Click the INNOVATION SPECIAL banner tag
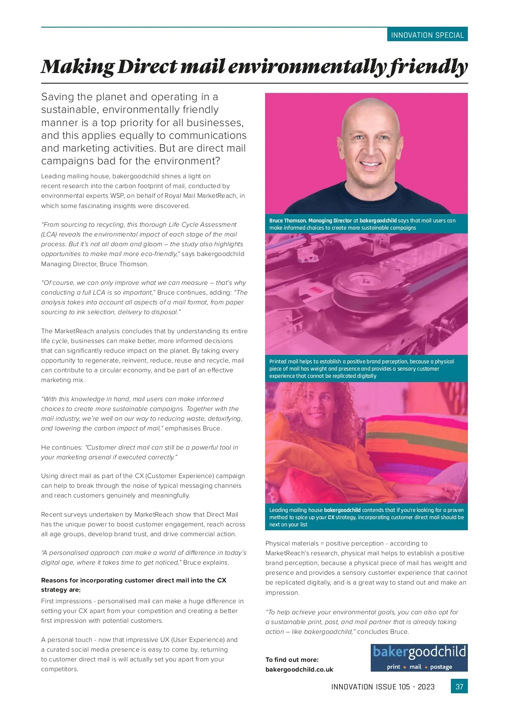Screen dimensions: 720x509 tap(427, 35)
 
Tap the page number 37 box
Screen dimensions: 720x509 tap(459, 686)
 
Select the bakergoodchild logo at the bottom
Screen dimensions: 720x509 tap(419, 657)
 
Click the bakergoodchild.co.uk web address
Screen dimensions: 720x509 tap(299, 669)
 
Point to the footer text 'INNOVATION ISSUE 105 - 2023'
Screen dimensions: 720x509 tap(383, 687)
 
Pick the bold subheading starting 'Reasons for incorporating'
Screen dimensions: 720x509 tap(134, 585)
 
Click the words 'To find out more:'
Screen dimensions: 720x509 tap(292, 660)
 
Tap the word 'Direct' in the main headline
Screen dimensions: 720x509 tap(147, 67)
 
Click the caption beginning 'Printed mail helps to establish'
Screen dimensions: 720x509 tap(361, 368)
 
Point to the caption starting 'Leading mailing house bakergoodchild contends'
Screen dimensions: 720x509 tap(366, 517)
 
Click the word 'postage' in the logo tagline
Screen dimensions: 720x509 tap(441, 667)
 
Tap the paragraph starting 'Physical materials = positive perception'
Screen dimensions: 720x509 tap(366, 568)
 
